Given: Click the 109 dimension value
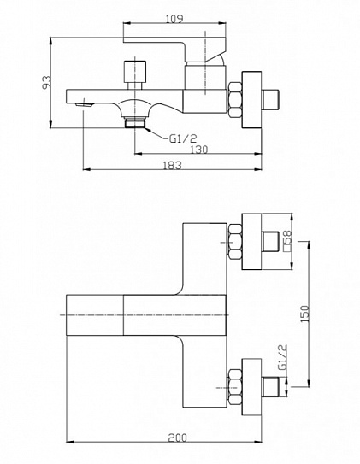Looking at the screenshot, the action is [x=174, y=18].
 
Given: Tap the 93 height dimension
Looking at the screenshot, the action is [x=46, y=82].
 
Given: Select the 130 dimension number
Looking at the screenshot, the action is [x=198, y=150].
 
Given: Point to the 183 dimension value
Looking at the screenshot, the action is [x=172, y=165].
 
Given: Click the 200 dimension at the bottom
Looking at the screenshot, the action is [x=178, y=438].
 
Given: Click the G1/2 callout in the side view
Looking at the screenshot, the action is [x=183, y=138].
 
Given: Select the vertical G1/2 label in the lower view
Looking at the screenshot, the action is [x=283, y=357].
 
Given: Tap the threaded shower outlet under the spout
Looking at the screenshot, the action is [x=135, y=122].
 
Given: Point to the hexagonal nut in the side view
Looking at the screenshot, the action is [x=235, y=100].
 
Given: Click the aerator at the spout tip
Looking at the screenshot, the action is [x=84, y=104].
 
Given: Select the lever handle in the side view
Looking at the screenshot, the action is [x=174, y=50].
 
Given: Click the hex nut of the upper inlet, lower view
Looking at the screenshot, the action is [x=235, y=242].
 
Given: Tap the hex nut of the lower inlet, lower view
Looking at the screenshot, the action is [x=235, y=387].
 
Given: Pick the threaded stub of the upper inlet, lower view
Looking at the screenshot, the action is [x=270, y=241].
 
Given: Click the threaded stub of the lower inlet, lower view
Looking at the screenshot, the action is [x=270, y=387].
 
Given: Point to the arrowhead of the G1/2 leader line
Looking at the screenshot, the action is [x=147, y=129].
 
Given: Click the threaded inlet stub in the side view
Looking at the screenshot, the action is [x=270, y=99].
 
